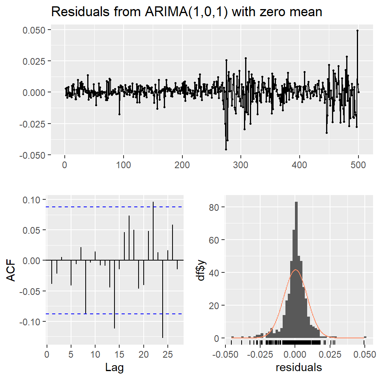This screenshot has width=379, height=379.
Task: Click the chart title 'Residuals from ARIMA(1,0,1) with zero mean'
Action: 187,12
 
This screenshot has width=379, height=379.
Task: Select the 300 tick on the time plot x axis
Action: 240,163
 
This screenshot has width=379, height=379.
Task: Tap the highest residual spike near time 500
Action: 357,31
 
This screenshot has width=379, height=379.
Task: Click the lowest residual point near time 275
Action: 226,149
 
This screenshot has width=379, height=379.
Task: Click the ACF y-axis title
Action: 12,270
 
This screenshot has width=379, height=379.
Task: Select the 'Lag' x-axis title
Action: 114,368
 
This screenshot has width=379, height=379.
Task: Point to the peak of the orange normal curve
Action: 295,270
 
